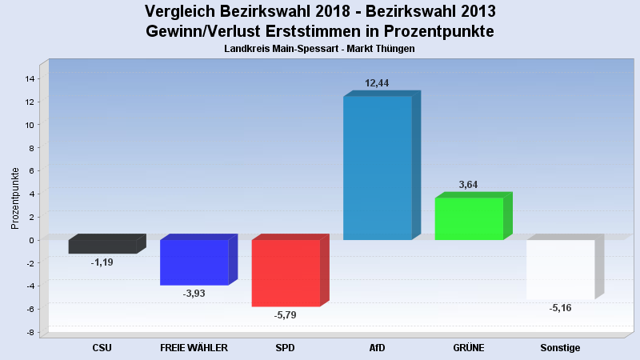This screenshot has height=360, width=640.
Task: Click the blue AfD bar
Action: point(377,168)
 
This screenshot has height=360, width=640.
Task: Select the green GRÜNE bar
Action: point(469,218)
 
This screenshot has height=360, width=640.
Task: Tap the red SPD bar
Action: point(286,273)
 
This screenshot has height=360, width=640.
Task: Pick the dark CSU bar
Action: point(102,246)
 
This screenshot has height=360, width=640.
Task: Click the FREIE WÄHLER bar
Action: point(194,262)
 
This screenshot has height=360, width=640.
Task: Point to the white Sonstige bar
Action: point(560,269)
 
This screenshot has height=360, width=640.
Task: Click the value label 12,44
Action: point(377,83)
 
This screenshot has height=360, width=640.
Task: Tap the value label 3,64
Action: point(469,185)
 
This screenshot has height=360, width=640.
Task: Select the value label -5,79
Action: point(286,315)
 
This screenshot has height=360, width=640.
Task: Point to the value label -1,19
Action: point(102,262)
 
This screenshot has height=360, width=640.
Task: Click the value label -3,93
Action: point(194,294)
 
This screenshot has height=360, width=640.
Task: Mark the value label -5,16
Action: point(560,308)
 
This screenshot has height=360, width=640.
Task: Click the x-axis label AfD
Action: point(377,348)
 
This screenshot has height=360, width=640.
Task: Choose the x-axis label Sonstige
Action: point(560,348)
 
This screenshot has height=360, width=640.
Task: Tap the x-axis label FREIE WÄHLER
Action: point(194,348)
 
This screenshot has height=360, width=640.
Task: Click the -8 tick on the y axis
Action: point(30,332)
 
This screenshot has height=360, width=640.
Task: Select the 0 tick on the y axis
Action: point(31,240)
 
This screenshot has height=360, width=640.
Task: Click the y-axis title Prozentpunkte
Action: point(15,198)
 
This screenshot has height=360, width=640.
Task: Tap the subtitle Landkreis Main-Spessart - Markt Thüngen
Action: point(319,50)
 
